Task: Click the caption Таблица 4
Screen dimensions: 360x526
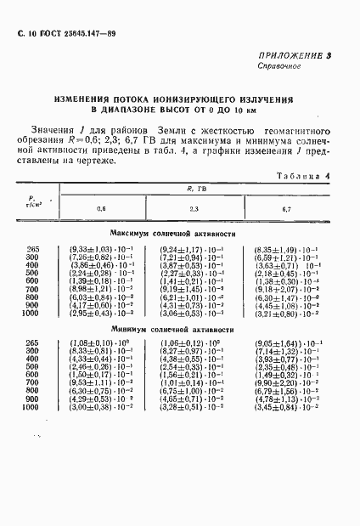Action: point(301,176)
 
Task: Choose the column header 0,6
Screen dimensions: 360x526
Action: point(102,208)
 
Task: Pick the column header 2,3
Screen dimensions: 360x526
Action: point(194,208)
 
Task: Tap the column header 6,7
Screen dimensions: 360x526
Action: point(285,208)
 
